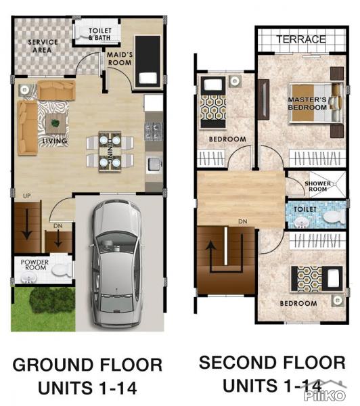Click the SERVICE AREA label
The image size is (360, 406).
41,46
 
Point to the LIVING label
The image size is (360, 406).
54,141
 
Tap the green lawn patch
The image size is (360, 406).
42,309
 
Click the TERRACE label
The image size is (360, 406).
300,40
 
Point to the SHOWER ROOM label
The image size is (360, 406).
316,186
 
